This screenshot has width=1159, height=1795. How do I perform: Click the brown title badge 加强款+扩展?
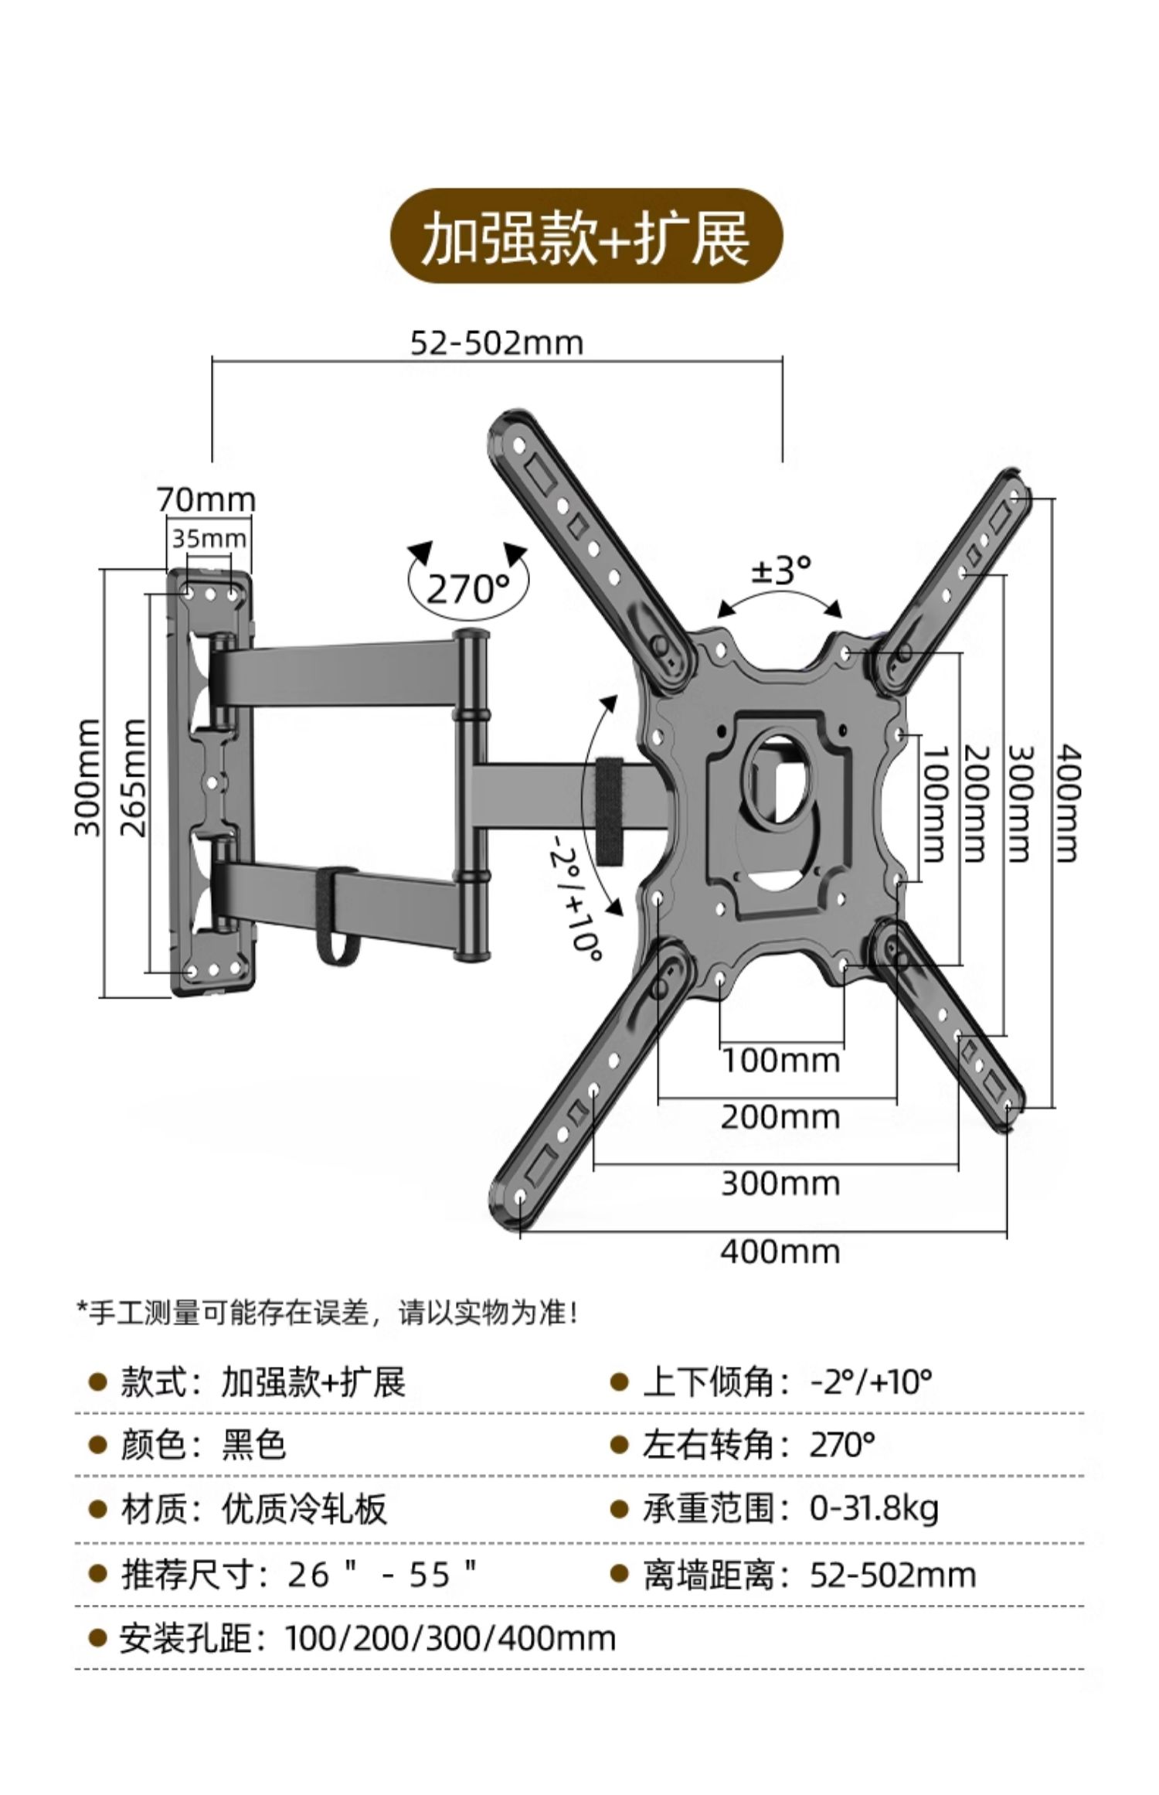coord(585,236)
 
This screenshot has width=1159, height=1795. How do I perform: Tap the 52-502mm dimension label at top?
coord(496,342)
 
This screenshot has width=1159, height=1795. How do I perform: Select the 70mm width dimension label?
coord(206,500)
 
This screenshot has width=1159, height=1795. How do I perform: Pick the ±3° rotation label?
coord(781,571)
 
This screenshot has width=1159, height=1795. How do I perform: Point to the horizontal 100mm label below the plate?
coord(780,1060)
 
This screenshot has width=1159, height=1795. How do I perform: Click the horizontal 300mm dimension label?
coord(780,1184)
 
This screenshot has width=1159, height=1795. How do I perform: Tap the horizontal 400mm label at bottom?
coord(780,1252)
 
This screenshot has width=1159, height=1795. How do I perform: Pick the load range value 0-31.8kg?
coord(874,1508)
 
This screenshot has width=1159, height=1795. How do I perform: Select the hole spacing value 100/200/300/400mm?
coord(450,1638)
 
